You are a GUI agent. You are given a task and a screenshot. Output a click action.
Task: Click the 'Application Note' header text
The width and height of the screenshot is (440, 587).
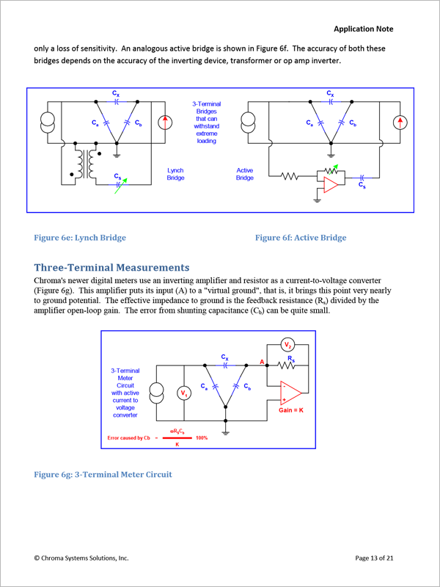[363, 29]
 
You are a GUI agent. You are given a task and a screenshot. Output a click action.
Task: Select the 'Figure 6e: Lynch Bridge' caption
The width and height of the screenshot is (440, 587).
[80, 238]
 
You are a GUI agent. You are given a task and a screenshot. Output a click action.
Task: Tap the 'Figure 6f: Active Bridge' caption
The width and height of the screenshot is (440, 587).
[301, 238]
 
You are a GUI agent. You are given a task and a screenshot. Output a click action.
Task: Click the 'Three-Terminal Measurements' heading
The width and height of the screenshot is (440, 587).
[111, 268]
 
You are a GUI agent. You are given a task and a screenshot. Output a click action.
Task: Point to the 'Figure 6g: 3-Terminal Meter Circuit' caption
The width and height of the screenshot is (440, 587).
[103, 475]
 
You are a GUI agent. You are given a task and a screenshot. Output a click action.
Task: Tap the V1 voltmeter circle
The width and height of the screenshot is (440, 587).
[184, 393]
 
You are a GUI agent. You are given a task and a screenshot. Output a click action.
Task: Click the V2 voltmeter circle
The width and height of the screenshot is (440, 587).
[287, 344]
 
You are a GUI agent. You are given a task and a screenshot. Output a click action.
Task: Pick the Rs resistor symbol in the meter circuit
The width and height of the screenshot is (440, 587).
[287, 365]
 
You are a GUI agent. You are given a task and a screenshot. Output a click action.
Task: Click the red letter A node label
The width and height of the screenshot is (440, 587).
[262, 362]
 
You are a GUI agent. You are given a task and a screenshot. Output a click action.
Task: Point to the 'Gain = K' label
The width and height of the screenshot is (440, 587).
[291, 410]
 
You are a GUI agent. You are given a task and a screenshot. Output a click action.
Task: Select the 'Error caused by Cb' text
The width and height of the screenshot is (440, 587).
[129, 437]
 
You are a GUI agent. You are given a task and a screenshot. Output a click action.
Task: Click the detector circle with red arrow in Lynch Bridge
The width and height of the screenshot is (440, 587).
[164, 123]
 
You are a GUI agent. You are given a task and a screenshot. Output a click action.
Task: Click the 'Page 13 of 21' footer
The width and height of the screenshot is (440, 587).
[374, 558]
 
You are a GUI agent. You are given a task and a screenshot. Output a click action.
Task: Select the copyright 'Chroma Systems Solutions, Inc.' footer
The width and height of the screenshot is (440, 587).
[81, 558]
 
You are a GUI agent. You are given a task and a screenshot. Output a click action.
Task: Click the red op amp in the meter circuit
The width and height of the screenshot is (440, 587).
[291, 393]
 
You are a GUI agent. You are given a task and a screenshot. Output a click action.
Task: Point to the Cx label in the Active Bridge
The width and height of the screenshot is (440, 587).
[330, 93]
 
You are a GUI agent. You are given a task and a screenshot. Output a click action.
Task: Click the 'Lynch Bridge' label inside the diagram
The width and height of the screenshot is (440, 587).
[175, 174]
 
